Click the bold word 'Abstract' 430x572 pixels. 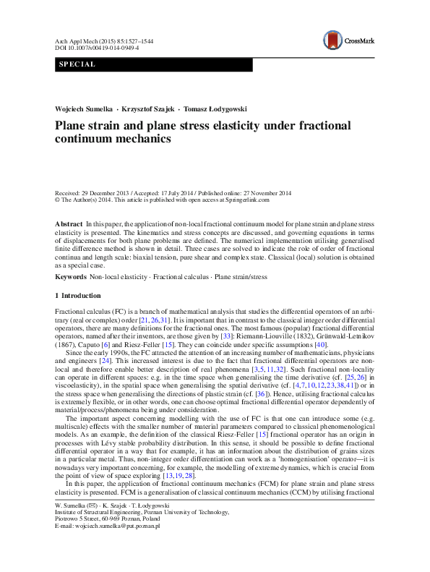tap(69, 226)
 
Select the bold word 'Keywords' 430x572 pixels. tap(71, 277)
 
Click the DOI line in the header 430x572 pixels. tap(97, 48)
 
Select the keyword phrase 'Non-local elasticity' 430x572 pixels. tap(118, 277)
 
